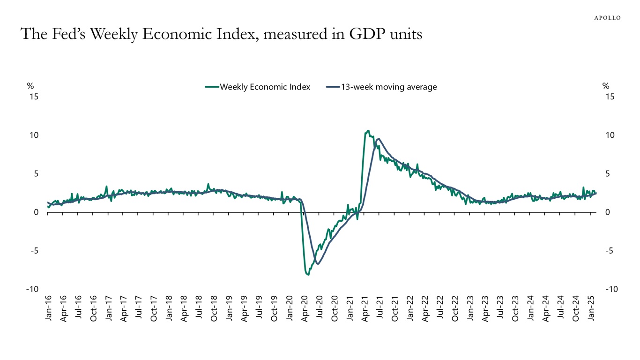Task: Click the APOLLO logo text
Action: point(607,18)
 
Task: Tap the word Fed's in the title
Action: point(69,34)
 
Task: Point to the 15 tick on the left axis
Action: point(34,97)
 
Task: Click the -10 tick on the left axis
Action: point(32,290)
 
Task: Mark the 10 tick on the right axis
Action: point(610,135)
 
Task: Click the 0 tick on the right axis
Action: point(608,212)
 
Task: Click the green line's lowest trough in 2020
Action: point(308,275)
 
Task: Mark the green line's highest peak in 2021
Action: point(368,131)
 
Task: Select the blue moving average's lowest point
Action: point(318,264)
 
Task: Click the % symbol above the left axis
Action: point(30,86)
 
